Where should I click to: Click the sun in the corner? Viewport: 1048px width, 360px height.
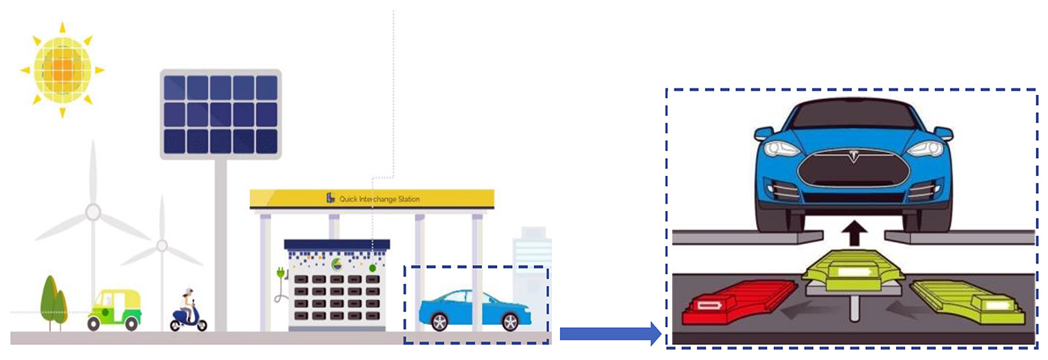(62, 70)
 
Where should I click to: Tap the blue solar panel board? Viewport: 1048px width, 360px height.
(220, 114)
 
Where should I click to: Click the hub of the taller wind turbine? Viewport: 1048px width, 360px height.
(93, 213)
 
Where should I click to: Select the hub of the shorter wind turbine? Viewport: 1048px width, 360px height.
(162, 245)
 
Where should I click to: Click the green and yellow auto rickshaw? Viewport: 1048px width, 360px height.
(115, 310)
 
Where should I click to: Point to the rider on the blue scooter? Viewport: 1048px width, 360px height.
(187, 305)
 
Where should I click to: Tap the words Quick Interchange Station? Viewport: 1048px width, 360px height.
(380, 198)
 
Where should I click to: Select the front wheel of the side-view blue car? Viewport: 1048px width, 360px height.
(510, 322)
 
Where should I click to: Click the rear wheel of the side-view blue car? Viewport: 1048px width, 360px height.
(439, 322)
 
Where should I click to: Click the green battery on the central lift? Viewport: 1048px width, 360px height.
(854, 271)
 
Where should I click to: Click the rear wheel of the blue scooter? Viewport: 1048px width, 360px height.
(175, 326)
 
